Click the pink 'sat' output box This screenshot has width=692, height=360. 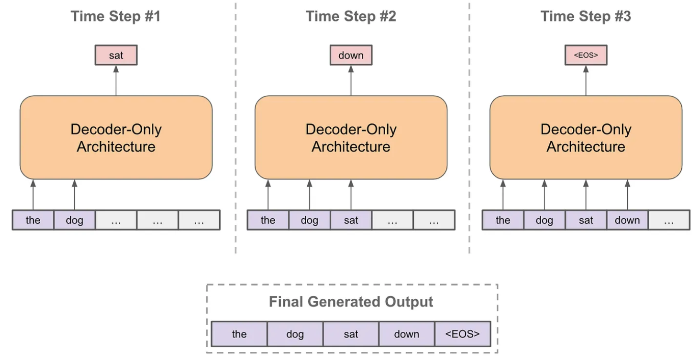[116, 55]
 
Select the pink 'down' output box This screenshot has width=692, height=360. [351, 55]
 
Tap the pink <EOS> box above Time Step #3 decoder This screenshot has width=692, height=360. [586, 55]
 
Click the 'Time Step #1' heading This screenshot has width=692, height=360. [116, 16]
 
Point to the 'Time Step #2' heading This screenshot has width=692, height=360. [351, 16]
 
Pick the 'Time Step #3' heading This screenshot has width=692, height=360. [585, 16]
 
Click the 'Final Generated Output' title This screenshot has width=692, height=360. [351, 302]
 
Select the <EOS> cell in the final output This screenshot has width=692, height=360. [463, 335]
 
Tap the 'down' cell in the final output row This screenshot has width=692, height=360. [407, 335]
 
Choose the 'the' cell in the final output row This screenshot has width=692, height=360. [239, 335]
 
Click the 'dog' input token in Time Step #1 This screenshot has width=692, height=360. [74, 220]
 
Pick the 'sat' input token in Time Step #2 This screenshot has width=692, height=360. [351, 220]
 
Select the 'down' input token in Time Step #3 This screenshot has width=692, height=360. [627, 220]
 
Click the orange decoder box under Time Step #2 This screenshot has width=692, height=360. [351, 138]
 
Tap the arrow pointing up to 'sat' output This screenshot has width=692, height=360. [116, 81]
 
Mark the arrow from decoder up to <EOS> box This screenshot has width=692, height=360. [586, 81]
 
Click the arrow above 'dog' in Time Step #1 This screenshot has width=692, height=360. [74, 195]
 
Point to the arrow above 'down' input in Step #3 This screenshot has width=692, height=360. [627, 195]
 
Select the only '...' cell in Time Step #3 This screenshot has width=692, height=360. [669, 220]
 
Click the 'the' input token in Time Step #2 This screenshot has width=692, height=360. [268, 220]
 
